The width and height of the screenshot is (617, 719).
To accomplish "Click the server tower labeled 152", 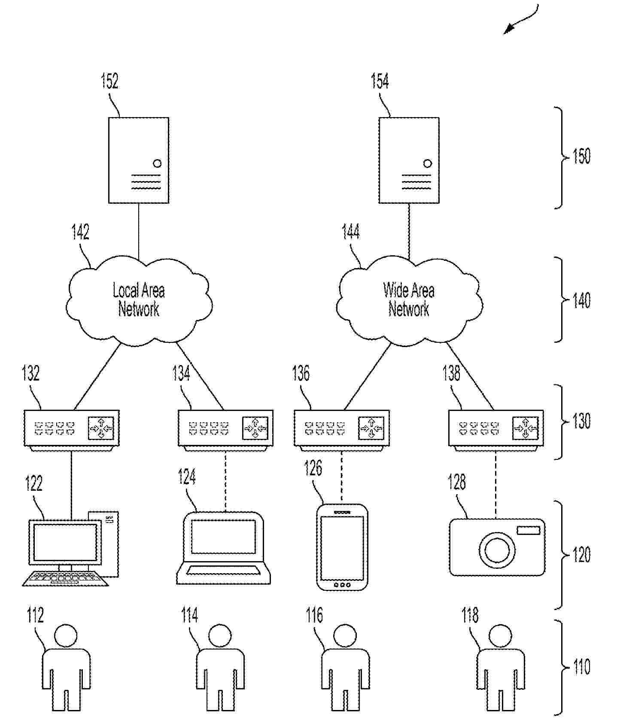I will coord(138,160).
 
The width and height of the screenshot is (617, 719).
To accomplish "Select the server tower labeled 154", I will coord(408,160).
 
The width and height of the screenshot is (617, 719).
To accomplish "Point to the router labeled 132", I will coord(71,428).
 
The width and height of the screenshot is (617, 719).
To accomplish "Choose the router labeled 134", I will coord(225,428).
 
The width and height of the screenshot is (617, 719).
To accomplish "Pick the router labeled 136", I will coord(342,428).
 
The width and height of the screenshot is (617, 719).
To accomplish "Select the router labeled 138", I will coord(496,428).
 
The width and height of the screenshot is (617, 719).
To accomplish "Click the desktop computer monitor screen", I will coord(65,541).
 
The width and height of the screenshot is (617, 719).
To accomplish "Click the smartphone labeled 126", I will coord(342,547).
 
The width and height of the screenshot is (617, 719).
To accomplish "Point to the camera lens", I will coord(497,550).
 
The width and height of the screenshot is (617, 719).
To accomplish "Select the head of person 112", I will coord(66,635).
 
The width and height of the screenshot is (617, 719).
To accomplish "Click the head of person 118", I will coord(500,635).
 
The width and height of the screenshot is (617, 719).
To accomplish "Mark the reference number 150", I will coord(581,156).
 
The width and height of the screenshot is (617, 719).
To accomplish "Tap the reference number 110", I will coord(581,667).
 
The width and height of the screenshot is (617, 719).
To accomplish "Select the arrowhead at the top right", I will coord(509,29).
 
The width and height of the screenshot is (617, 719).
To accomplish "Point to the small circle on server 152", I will coord(157,163).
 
